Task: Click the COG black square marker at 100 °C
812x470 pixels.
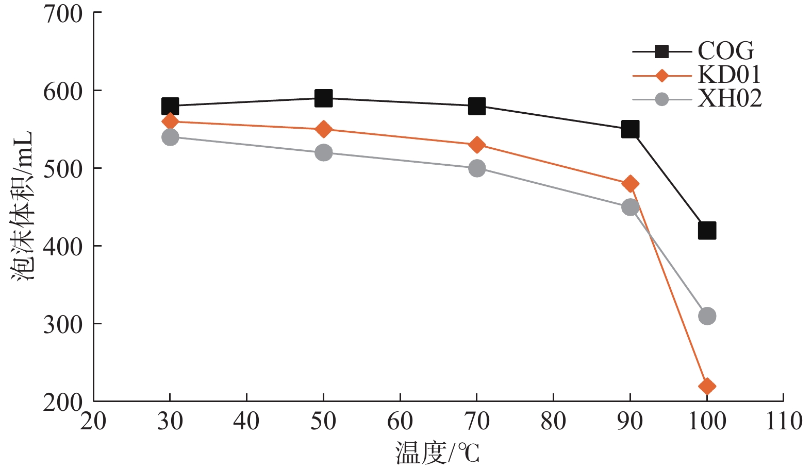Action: click(x=707, y=231)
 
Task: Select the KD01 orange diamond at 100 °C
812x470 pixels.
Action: click(x=707, y=386)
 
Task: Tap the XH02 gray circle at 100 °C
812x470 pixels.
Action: click(x=707, y=316)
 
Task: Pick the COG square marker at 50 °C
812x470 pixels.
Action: click(x=323, y=98)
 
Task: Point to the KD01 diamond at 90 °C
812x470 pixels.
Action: click(x=630, y=184)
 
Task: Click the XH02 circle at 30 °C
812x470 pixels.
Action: click(x=170, y=137)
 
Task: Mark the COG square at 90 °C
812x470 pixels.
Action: click(x=630, y=129)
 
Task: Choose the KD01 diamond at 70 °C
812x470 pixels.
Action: click(x=477, y=145)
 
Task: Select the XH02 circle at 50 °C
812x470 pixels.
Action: click(x=323, y=152)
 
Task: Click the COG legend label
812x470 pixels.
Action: click(x=726, y=51)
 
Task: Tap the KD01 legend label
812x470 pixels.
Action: click(x=729, y=75)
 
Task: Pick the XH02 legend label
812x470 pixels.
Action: click(x=730, y=98)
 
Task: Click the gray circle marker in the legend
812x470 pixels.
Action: click(x=661, y=99)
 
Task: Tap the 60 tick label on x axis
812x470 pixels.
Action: click(x=400, y=421)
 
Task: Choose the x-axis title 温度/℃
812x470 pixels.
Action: click(x=437, y=454)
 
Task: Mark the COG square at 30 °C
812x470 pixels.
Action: click(x=170, y=106)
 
